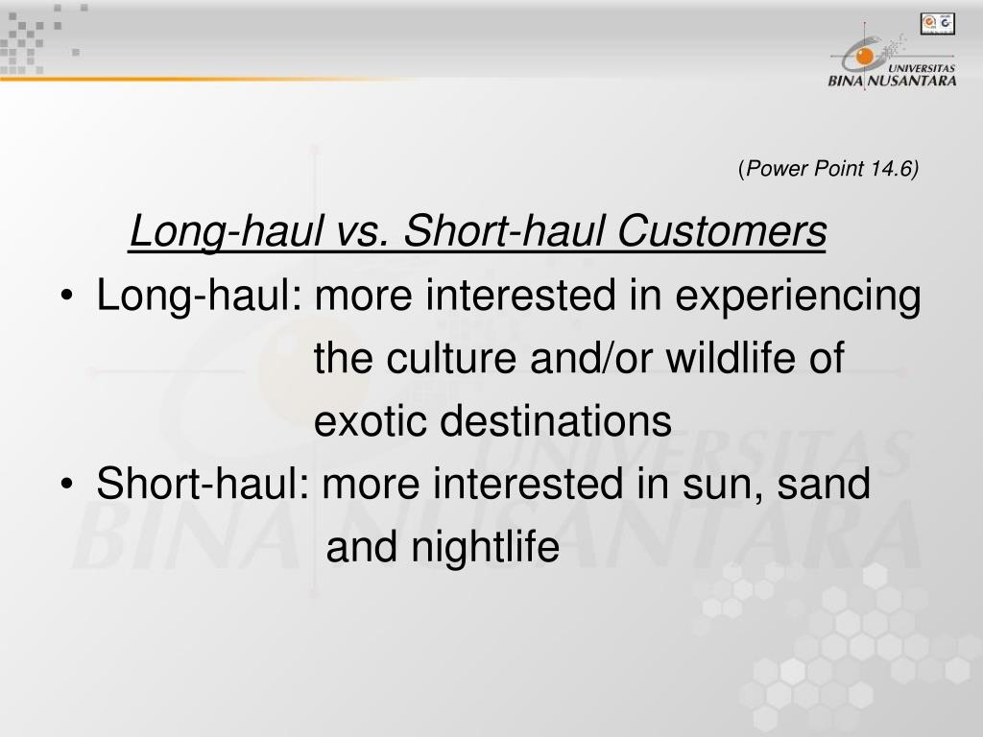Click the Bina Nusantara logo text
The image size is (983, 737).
(892, 81)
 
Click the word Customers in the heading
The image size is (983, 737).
(721, 232)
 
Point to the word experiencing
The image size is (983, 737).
(799, 297)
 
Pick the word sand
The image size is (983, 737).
(825, 486)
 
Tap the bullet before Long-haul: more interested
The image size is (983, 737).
(66, 298)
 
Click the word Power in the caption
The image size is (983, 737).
(779, 170)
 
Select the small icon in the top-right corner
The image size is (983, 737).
(937, 22)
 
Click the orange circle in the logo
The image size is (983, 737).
(865, 58)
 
